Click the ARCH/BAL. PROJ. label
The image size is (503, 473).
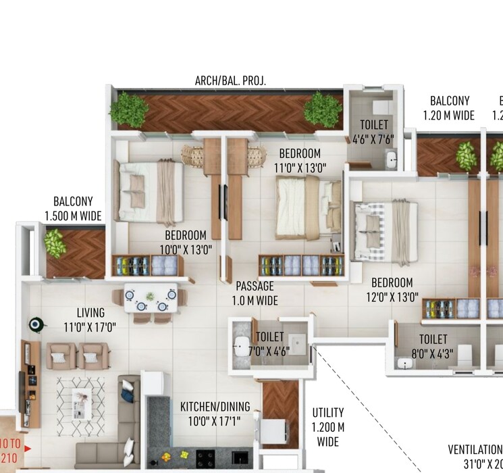click(230, 80)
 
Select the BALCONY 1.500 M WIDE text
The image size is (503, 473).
click(72, 209)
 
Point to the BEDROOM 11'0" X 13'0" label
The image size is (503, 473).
click(300, 160)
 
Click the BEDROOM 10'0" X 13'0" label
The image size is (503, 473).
click(185, 242)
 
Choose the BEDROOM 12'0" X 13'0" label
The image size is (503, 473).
click(392, 289)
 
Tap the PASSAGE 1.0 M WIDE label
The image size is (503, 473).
click(255, 293)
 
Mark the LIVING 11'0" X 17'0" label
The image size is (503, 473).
click(90, 320)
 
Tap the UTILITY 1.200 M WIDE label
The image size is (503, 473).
click(328, 427)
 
